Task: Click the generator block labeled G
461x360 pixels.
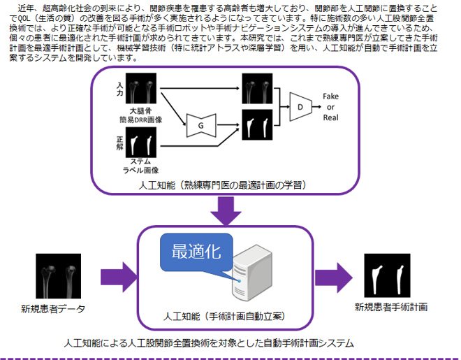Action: [201, 126]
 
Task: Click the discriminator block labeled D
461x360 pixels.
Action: [300, 107]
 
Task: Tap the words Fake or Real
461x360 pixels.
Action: [330, 107]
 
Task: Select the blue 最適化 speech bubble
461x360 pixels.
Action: [196, 252]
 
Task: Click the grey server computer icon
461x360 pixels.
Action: [252, 273]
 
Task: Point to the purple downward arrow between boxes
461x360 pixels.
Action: [226, 210]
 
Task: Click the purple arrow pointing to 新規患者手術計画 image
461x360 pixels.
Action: [334, 278]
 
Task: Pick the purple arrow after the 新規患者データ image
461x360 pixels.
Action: [119, 277]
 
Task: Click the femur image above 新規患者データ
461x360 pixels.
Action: [58, 276]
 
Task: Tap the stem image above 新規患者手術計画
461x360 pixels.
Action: [387, 275]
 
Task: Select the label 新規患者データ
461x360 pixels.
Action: [53, 309]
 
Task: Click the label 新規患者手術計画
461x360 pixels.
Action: [391, 307]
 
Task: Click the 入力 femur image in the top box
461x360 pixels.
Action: [141, 88]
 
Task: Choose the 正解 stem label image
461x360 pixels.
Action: [141, 143]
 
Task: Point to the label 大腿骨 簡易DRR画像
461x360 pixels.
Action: [141, 115]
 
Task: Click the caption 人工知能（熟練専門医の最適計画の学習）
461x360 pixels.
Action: [223, 185]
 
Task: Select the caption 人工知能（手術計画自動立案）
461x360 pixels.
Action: [224, 317]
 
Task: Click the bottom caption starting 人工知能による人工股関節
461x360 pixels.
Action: [209, 343]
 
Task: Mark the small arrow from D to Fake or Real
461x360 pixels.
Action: [316, 107]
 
